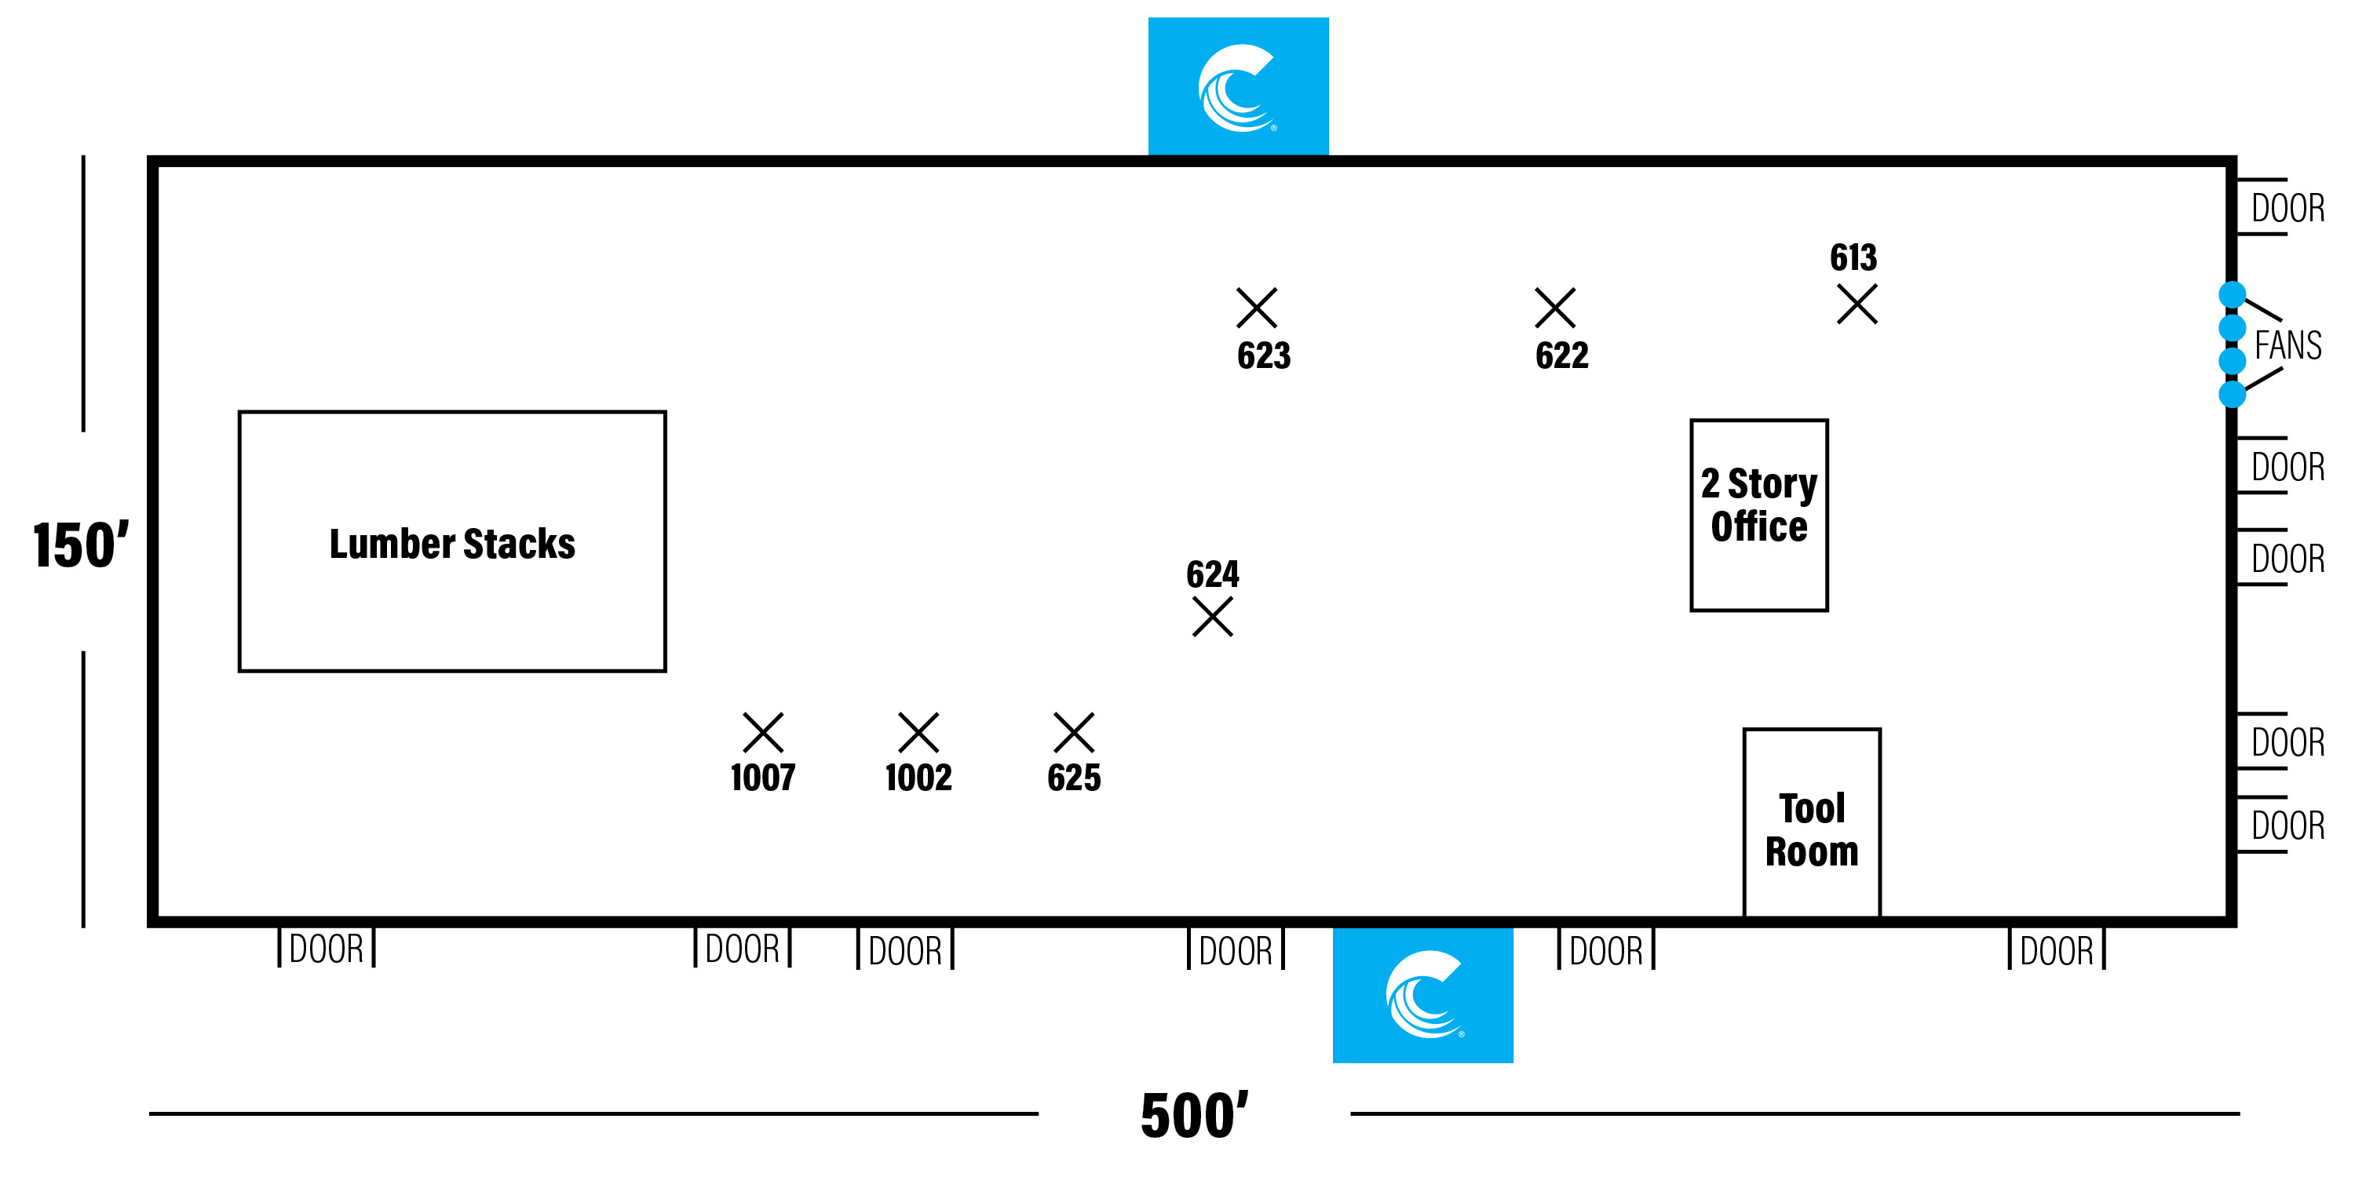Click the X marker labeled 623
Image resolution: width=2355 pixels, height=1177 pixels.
1256,308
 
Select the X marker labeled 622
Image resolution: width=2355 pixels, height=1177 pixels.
1554,308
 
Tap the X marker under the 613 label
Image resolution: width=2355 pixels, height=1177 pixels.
1857,304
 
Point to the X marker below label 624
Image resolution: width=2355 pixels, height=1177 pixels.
1212,617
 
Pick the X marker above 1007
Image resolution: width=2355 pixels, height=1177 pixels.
762,733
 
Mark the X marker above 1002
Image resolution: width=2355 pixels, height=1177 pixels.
918,733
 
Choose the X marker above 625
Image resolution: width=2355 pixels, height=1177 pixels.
1073,733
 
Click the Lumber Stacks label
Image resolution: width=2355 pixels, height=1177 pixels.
451,544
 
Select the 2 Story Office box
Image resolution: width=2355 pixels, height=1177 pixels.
1758,515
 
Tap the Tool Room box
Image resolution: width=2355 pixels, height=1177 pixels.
1811,822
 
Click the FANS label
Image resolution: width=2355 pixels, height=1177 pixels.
2287,345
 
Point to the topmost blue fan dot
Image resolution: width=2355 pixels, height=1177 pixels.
2232,294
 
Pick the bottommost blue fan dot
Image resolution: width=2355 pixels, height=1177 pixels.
2232,394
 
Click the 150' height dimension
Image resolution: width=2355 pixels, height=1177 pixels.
80,545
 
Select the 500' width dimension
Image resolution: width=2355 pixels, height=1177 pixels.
1193,1116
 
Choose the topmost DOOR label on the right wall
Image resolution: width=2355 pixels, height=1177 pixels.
2287,209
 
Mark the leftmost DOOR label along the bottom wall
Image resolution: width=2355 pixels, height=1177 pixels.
327,949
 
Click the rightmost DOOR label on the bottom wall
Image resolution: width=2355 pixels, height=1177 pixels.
2056,951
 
